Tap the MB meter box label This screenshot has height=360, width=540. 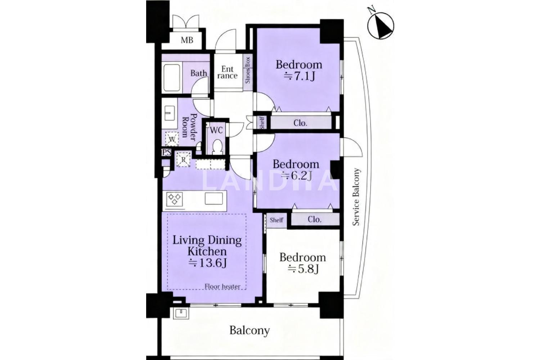[187, 40]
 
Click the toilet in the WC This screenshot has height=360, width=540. [218, 147]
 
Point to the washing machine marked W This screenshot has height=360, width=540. [172, 139]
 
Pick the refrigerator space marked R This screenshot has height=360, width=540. [183, 159]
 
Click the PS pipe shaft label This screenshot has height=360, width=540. [166, 152]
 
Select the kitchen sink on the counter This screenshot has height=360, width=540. [213, 198]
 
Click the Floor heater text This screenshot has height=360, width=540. [222, 287]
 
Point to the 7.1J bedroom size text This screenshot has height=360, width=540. [299, 77]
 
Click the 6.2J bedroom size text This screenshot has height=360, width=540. [297, 175]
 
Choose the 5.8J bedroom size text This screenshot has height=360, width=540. [303, 269]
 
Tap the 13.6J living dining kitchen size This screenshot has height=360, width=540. [207, 263]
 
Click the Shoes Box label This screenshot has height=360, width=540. [248, 70]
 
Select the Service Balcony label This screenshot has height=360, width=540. [356, 197]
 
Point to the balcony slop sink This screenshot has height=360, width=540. [181, 314]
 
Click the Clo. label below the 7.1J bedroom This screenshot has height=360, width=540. [300, 123]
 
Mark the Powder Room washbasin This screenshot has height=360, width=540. [170, 113]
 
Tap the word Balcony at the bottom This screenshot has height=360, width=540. [249, 330]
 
